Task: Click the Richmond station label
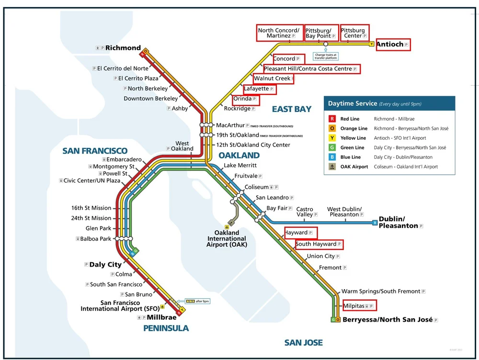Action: [123, 48]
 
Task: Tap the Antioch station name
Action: [390, 45]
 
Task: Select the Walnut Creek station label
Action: [272, 79]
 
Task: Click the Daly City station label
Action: [105, 265]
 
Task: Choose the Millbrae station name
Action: [160, 317]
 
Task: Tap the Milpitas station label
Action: [354, 305]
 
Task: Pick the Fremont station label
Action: [331, 268]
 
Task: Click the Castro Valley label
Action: [305, 212]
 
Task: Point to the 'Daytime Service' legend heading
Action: [352, 103]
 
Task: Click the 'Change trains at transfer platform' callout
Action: [326, 56]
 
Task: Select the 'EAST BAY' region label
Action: [292, 109]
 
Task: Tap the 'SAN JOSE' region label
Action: [303, 343]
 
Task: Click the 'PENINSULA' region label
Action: [166, 328]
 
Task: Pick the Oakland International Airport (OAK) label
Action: [227, 238]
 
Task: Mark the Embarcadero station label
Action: [124, 159]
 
